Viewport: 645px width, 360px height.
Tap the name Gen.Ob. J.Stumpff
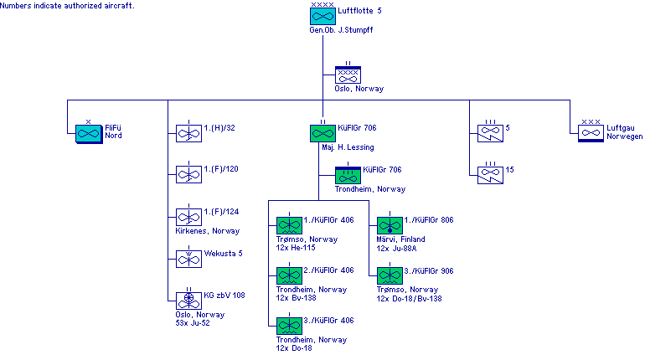tap(341, 30)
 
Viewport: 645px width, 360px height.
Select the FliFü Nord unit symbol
tap(88, 132)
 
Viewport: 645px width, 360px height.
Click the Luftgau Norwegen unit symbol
tap(591, 132)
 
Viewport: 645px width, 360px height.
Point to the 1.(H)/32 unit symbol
tap(188, 132)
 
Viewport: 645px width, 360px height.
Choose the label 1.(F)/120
tap(221, 169)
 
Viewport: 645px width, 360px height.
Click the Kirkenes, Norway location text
tap(207, 230)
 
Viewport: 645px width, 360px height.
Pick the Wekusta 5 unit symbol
tap(188, 259)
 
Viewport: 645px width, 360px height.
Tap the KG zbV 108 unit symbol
tap(188, 300)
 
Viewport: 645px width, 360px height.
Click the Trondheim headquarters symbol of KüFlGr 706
tap(348, 176)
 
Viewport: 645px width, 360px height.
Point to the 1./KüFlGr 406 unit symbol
tap(289, 226)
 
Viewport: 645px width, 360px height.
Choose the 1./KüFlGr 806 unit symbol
tap(390, 226)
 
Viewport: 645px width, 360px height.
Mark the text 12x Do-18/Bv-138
tap(409, 298)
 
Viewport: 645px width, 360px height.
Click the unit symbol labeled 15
tap(490, 174)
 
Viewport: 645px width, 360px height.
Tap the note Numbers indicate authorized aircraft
tap(69, 5)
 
